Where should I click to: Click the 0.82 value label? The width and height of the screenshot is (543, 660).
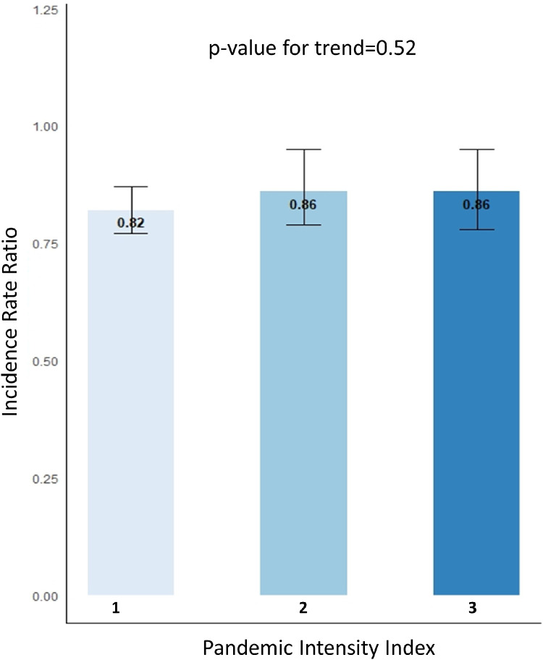click(131, 222)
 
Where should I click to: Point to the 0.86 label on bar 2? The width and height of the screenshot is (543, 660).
click(303, 205)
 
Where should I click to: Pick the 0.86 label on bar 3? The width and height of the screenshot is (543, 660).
click(476, 205)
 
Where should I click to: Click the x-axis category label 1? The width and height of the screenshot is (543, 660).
click(116, 609)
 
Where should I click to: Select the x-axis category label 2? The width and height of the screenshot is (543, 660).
click(303, 609)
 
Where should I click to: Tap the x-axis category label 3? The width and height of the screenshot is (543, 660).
click(472, 609)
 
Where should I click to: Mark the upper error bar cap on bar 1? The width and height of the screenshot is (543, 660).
click(131, 187)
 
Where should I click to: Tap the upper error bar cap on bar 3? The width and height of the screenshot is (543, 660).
click(476, 149)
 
